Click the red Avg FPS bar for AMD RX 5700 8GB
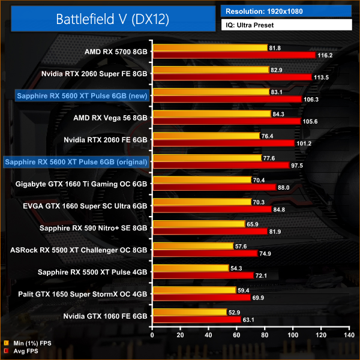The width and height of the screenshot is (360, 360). click(234, 55)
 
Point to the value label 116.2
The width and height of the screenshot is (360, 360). click(325, 55)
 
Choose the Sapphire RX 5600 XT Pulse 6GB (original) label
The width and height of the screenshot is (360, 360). click(77, 161)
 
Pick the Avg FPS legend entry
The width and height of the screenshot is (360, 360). click(25, 352)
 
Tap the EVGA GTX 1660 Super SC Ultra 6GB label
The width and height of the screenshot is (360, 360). click(90, 205)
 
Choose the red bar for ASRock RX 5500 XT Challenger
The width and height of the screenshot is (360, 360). click(205, 253)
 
